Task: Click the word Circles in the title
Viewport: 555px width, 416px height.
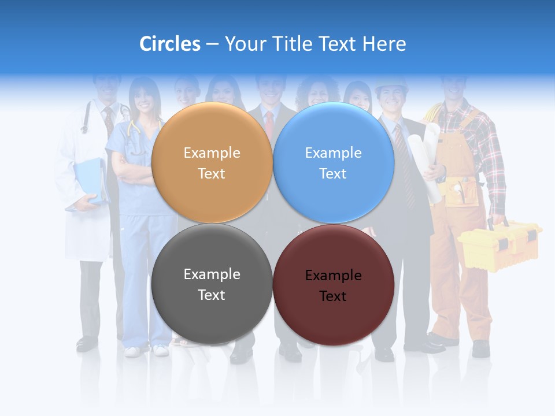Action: pos(170,44)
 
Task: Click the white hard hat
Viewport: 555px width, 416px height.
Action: pos(391,86)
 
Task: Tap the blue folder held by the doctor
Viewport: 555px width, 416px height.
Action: pos(89,181)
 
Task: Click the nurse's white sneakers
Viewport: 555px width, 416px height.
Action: pos(145,350)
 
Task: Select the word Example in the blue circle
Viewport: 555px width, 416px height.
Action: pos(333,153)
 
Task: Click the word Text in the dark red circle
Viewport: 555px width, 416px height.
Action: pos(333,296)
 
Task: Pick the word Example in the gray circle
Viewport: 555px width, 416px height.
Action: pos(212,274)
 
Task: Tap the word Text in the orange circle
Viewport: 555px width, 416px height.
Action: pos(212,174)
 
